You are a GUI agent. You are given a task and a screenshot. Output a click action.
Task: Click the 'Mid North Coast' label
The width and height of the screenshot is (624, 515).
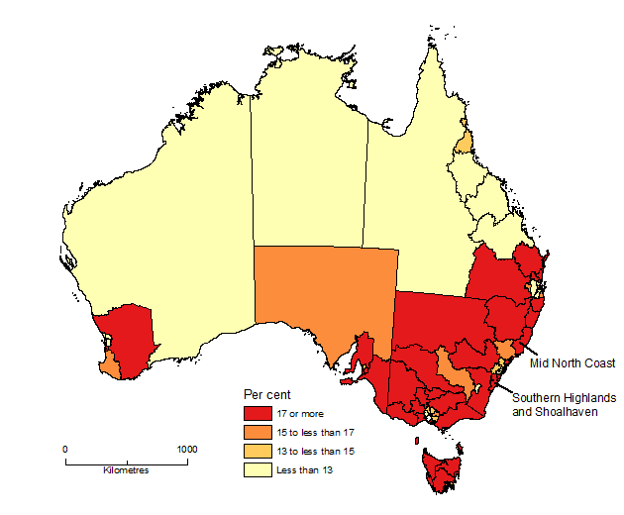[x=572, y=363]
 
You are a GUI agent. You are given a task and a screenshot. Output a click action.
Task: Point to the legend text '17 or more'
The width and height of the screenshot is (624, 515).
[x=300, y=413]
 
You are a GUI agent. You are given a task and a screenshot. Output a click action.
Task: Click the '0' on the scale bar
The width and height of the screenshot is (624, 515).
[x=65, y=449]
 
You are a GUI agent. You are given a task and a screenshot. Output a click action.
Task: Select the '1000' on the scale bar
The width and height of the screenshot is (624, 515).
[x=186, y=449]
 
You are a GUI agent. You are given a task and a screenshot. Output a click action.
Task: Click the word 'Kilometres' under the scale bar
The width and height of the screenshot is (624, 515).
[x=126, y=469]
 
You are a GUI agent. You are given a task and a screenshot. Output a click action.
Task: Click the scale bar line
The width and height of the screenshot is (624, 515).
[x=126, y=460]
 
